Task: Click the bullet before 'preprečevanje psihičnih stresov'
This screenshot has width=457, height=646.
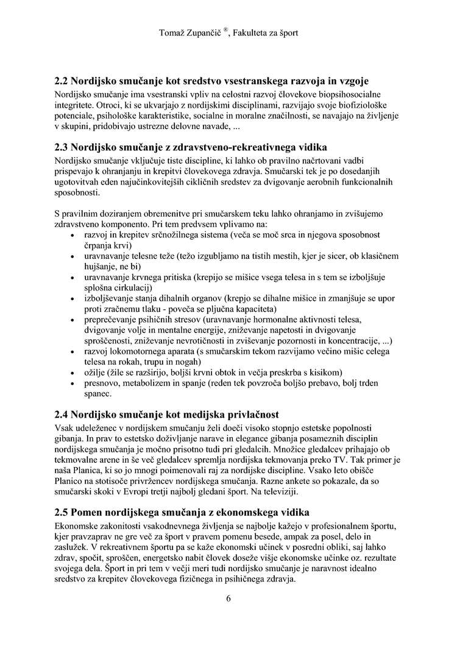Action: pyautogui.click(x=73, y=319)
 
